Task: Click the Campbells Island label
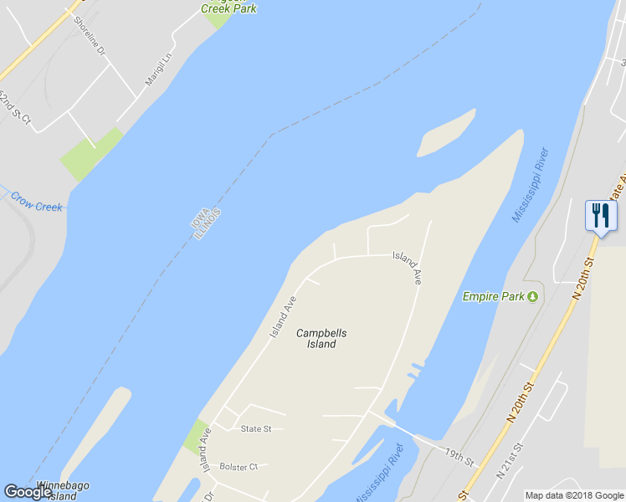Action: click(321, 338)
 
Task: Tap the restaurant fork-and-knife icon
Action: click(600, 215)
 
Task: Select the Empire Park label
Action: click(494, 296)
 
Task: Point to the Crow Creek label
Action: click(36, 202)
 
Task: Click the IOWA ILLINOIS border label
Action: click(207, 223)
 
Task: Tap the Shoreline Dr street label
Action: click(89, 38)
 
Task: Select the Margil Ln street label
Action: click(157, 68)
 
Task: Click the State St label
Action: click(256, 429)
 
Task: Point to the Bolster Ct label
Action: click(239, 466)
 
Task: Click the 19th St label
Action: click(459, 457)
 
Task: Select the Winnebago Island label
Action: click(63, 490)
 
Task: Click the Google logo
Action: click(28, 492)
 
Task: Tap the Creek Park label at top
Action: click(228, 8)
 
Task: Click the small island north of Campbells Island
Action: click(445, 133)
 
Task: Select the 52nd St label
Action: click(15, 108)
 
